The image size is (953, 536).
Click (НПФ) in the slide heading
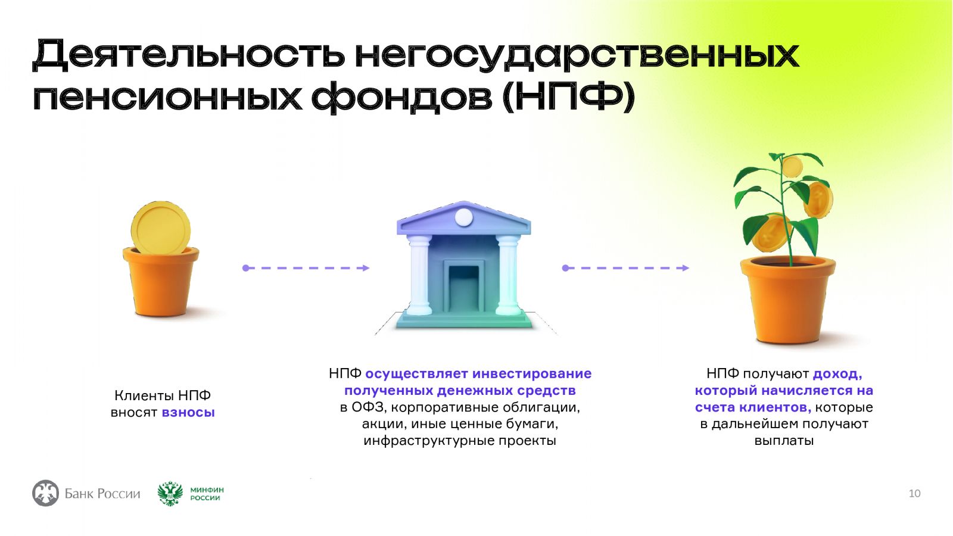tap(568, 97)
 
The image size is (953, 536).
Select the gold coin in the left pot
tap(161, 228)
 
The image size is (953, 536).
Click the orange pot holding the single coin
tap(161, 282)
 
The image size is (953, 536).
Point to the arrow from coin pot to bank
tap(306, 268)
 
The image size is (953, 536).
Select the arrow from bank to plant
tap(625, 268)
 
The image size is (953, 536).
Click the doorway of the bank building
tap(464, 286)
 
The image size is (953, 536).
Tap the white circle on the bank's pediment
tap(464, 217)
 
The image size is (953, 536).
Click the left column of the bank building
tap(419, 275)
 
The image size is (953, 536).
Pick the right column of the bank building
tap(508, 275)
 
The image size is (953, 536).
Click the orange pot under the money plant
tap(788, 300)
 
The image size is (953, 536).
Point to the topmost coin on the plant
tap(792, 166)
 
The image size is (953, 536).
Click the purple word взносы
tap(188, 412)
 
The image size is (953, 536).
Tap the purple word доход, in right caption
tap(837, 374)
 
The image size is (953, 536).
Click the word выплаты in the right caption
tap(784, 441)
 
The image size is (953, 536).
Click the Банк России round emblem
tap(45, 493)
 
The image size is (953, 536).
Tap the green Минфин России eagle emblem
tap(170, 494)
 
